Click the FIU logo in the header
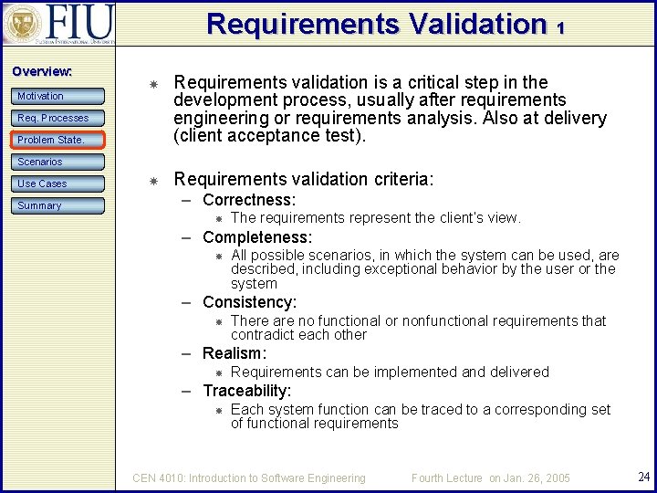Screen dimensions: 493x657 tap(58, 25)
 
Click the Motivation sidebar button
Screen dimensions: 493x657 tap(58, 96)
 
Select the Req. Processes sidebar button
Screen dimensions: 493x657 tap(58, 118)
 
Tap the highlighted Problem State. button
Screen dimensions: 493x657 tap(58, 140)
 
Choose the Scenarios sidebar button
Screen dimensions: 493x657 tap(58, 162)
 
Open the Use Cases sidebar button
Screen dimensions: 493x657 tap(58, 184)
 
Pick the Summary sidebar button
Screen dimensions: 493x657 tap(58, 205)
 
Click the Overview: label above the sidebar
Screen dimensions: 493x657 tap(42, 71)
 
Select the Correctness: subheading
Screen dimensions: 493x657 tap(248, 200)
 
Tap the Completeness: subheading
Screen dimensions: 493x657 tap(256, 237)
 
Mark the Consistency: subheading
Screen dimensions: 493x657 tap(249, 302)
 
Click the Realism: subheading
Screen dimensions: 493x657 tap(235, 353)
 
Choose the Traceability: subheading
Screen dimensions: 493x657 tap(246, 391)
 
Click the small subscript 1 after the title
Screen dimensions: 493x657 tap(560, 28)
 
